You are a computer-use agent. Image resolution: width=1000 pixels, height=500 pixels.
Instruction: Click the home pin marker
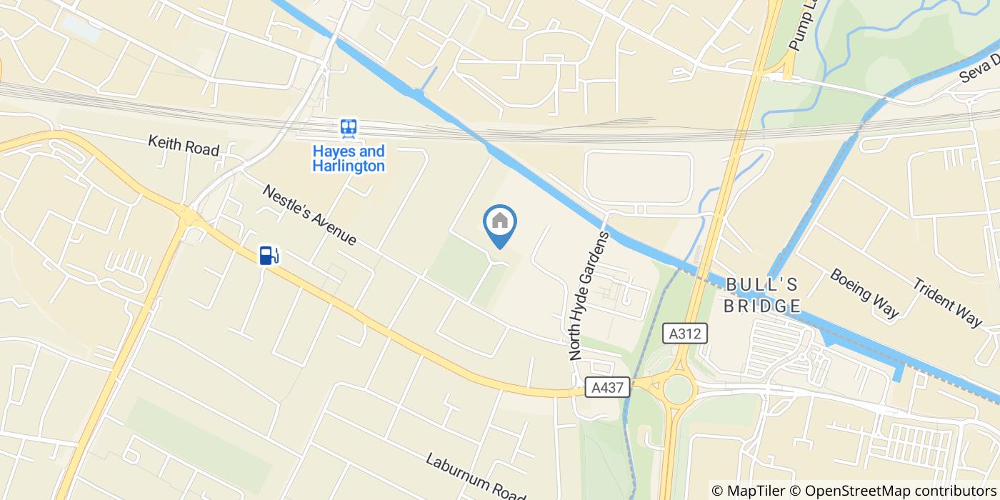(x=500, y=223)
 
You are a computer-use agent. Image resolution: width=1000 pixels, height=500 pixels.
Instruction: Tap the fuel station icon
(x=269, y=255)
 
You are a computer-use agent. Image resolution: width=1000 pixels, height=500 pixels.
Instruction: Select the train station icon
(x=349, y=129)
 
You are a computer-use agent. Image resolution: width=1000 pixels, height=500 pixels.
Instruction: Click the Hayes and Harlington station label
(x=349, y=159)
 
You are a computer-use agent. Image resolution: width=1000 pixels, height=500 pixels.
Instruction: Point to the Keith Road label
(x=184, y=145)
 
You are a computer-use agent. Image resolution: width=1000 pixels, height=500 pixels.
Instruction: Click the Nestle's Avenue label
(x=309, y=215)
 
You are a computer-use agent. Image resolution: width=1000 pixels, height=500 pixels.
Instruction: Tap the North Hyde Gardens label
(x=589, y=294)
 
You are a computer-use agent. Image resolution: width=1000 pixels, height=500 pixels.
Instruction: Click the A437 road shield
(x=609, y=388)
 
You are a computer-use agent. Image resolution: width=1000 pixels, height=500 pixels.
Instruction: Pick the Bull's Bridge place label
(x=762, y=295)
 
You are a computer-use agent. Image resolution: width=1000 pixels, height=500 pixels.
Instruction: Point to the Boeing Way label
(x=864, y=293)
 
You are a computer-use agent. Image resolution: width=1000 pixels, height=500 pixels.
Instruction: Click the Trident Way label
(x=947, y=301)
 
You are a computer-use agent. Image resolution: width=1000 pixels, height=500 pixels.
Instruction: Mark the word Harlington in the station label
(x=349, y=166)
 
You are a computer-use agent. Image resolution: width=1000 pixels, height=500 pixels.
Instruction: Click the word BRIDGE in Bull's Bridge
(x=762, y=306)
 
